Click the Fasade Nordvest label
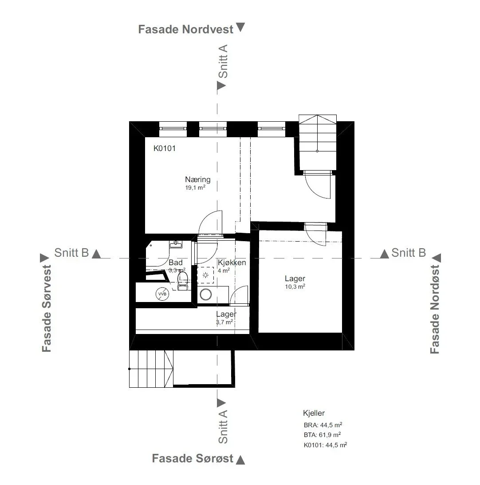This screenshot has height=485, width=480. (x=185, y=29)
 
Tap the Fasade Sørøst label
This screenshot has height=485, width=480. (x=193, y=458)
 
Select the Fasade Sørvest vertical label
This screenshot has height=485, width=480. (x=47, y=308)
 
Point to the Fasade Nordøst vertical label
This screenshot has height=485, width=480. (x=435, y=309)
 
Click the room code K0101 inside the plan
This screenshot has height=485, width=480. (x=165, y=148)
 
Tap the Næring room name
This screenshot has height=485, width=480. (x=198, y=179)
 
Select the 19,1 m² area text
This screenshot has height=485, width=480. (x=195, y=187)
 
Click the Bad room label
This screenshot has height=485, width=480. (x=175, y=262)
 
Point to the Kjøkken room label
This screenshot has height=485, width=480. (x=232, y=262)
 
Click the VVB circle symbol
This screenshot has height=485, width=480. (x=162, y=294)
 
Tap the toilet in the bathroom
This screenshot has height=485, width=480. (x=182, y=281)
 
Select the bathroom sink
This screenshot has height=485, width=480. (x=176, y=244)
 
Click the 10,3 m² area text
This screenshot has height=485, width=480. (x=295, y=287)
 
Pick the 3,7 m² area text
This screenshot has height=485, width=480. (x=224, y=322)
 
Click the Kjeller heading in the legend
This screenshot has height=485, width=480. (x=314, y=413)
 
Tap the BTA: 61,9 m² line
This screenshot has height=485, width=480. (x=322, y=435)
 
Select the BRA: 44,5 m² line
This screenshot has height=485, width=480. (x=323, y=425)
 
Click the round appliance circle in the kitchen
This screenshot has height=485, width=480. (x=206, y=294)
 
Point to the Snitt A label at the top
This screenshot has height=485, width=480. (x=223, y=61)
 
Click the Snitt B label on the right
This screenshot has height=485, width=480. (x=408, y=253)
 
